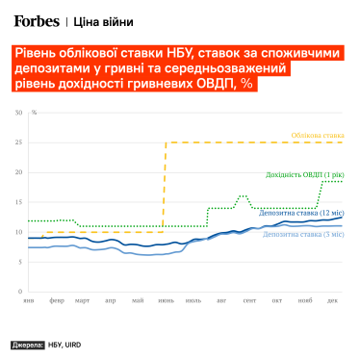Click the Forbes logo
point(37,19)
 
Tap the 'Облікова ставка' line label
point(316,135)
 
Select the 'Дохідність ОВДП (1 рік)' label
point(303,175)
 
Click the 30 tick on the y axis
point(18,113)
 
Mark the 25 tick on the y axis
point(18,142)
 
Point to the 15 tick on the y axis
point(18,202)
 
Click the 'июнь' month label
point(167,301)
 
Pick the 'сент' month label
point(250,301)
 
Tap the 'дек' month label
point(332,301)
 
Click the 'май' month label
point(140,301)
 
